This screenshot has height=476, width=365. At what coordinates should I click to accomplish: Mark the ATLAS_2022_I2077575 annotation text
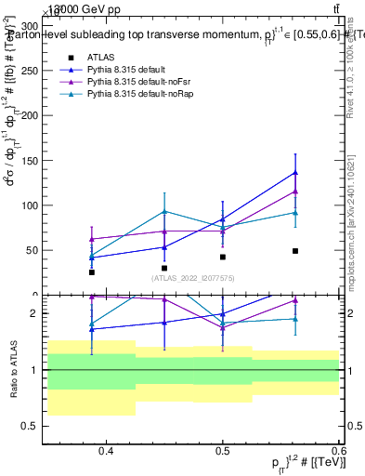[x=193, y=278]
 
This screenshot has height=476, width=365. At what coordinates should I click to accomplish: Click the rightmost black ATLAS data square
[x=295, y=251]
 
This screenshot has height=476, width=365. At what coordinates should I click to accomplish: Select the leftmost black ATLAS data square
[x=92, y=272]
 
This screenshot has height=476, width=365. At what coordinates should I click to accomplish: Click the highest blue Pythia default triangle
[x=295, y=172]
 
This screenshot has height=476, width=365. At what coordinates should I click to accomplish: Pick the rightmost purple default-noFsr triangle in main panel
[x=295, y=192]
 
